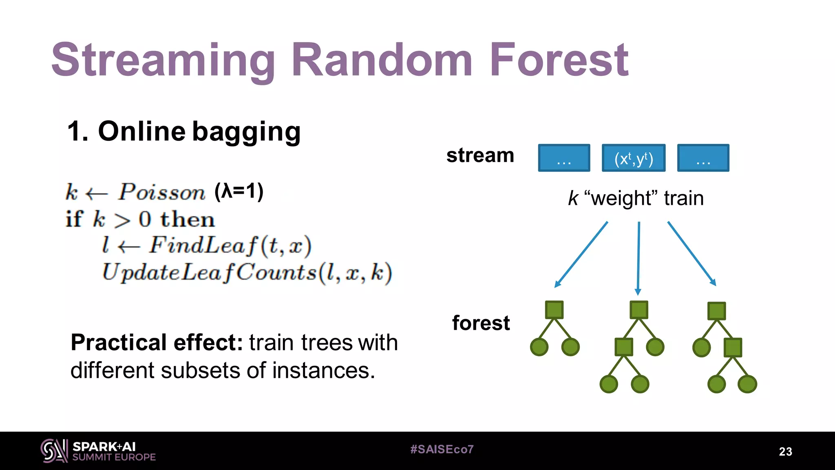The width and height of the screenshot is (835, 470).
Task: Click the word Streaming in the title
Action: point(163,61)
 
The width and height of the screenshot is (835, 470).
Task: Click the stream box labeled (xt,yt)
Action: point(634,158)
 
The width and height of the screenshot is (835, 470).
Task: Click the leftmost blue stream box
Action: point(564,158)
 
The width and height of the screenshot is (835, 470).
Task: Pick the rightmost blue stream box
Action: point(703,158)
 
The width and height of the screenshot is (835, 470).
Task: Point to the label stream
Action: point(480,155)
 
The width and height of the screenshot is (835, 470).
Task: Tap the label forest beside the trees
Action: point(481,323)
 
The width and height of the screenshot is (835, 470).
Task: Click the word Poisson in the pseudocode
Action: point(161,192)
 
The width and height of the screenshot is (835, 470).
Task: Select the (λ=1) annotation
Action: point(239,191)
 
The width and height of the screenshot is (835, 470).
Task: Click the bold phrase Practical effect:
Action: point(157,342)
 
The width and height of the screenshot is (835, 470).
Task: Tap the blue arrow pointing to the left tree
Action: point(581,255)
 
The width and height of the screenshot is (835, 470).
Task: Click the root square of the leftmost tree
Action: point(554,310)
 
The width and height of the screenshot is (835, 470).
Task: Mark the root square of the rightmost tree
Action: point(716,311)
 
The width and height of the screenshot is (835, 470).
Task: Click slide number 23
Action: point(785,452)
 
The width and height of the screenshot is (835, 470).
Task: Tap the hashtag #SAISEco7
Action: point(442,450)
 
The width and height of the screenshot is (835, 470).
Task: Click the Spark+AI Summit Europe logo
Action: point(98,451)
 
